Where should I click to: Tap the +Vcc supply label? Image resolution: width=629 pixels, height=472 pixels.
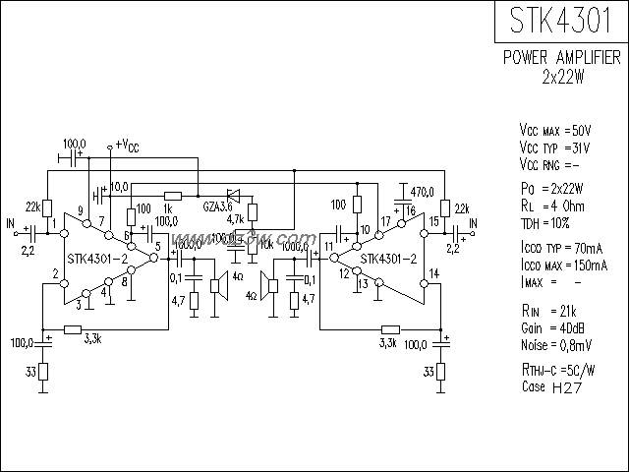127,146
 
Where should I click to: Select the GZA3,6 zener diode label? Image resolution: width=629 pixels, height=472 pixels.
217,206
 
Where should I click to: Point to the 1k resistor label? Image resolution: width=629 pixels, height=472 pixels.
167,208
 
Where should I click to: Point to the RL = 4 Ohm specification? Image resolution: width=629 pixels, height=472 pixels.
551,207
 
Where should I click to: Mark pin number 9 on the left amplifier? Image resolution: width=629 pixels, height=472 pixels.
81,209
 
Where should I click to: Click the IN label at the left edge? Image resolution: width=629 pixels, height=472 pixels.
12,225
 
